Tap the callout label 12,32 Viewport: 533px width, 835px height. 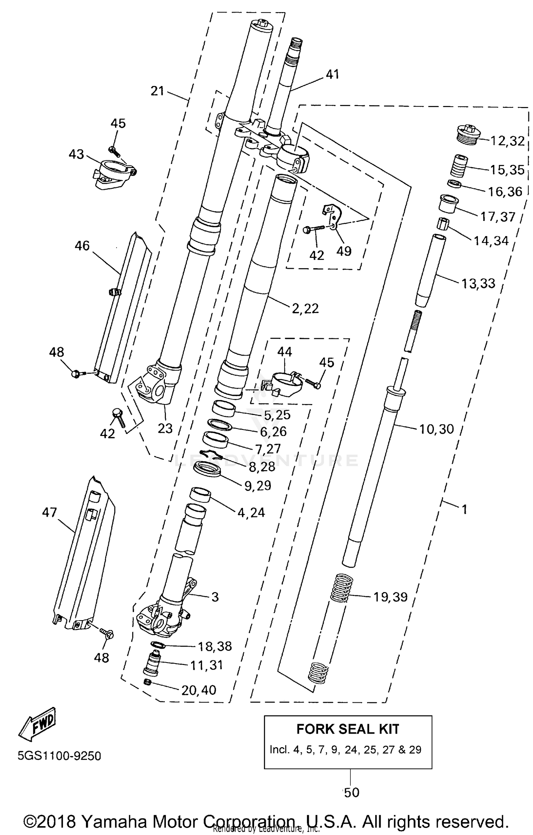507,141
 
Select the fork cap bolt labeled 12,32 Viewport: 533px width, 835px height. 468,135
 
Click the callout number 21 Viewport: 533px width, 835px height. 157,91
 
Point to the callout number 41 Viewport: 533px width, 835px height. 332,74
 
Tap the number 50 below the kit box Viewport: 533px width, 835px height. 351,792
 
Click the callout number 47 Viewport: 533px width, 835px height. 49,512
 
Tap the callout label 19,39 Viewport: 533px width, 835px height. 390,597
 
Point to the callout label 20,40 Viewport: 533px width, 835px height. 199,690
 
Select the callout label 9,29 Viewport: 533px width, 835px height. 258,485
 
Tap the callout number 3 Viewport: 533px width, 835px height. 215,597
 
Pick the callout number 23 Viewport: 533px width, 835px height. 165,428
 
